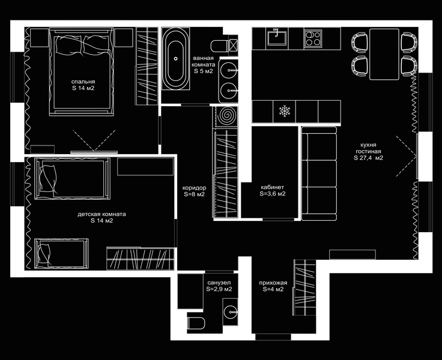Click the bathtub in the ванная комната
[175, 59]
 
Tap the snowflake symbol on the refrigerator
[285, 111]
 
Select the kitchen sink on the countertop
[277, 38]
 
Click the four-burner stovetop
[313, 38]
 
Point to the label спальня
[83, 82]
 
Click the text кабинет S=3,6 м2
[272, 190]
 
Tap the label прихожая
[273, 283]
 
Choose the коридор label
[194, 188]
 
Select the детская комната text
[101, 214]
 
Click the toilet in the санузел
[196, 323]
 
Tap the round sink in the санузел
[231, 312]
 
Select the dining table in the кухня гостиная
[384, 54]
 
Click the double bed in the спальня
[82, 71]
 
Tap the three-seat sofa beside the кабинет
[319, 173]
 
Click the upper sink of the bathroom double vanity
[229, 70]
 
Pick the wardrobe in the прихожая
[304, 287]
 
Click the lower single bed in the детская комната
[61, 253]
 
